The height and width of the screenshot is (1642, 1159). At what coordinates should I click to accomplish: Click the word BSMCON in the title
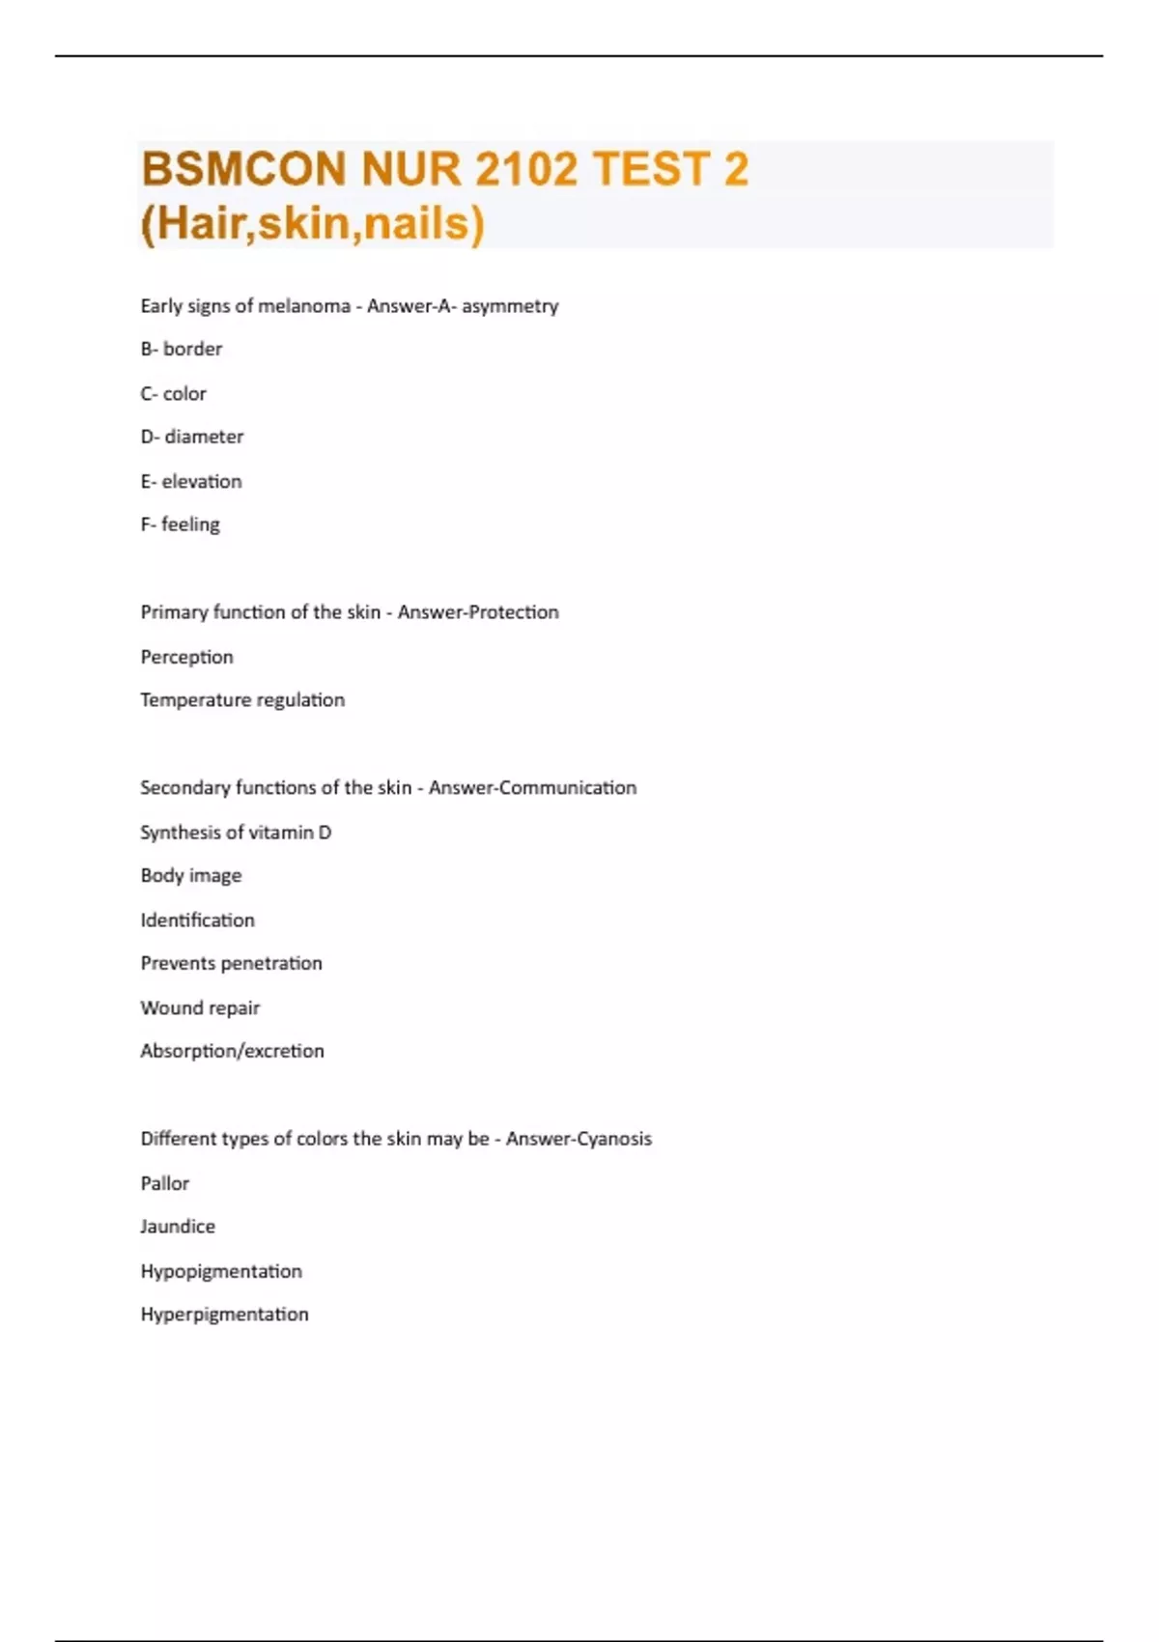point(243,170)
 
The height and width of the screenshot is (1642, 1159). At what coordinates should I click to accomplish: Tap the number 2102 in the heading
point(528,170)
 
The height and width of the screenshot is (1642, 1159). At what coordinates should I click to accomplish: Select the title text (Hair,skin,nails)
point(312,224)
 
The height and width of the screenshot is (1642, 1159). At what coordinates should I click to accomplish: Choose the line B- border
point(182,349)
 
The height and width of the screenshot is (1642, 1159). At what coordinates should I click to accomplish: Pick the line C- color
point(174,394)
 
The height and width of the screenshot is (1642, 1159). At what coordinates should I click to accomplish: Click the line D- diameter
point(192,437)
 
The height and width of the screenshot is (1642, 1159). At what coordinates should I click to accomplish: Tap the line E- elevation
point(191,481)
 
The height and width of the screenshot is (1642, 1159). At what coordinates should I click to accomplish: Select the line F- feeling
point(181,524)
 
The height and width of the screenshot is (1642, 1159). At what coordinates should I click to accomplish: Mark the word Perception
point(187,657)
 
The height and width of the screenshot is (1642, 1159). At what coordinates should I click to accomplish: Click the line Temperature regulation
point(242,700)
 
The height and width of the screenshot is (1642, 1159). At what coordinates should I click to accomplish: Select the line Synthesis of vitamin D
point(236,833)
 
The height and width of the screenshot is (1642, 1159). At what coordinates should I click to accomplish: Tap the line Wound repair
point(200,1008)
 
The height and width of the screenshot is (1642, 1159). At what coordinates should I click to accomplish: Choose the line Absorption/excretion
point(233,1051)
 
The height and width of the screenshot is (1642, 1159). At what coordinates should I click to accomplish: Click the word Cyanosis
point(614,1139)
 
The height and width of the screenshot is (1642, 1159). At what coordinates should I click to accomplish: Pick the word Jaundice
point(178,1227)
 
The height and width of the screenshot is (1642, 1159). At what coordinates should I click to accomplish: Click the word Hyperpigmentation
point(225,1315)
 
